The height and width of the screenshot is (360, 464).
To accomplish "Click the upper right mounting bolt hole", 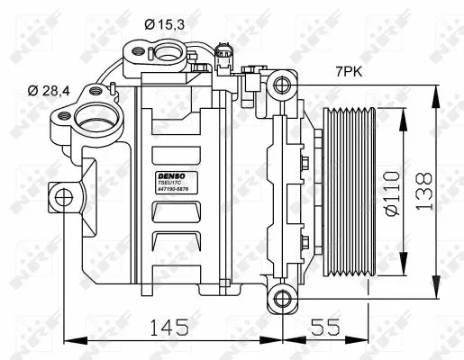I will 283,85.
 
